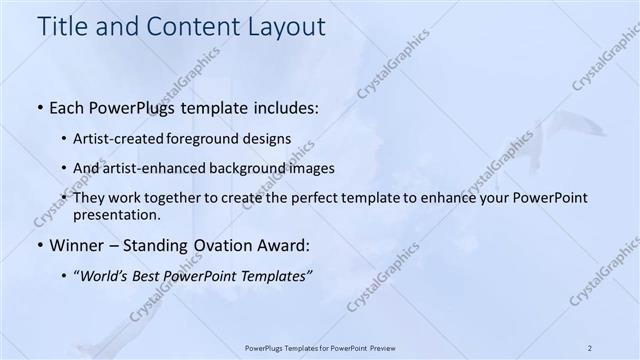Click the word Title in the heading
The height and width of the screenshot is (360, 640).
point(63,27)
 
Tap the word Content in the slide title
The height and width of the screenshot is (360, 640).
point(185,27)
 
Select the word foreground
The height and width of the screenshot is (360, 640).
point(213,138)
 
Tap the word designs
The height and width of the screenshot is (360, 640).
point(270,138)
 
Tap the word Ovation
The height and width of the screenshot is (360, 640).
point(226,244)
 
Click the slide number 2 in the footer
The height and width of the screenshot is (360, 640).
point(591,347)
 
